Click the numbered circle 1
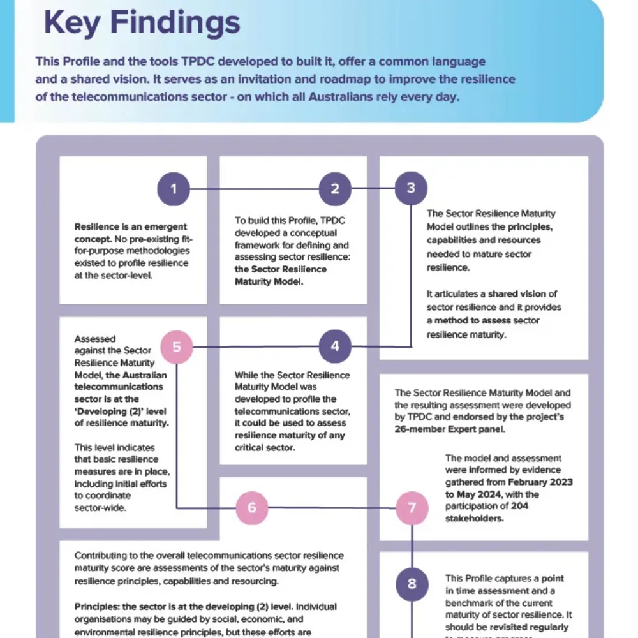click(174, 188)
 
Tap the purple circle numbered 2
click(336, 188)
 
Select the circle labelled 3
click(411, 188)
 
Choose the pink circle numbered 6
click(251, 507)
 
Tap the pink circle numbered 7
click(412, 507)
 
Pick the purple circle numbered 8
click(412, 583)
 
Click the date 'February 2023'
click(540, 482)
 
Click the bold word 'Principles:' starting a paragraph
click(101, 606)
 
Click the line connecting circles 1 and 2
click(255, 188)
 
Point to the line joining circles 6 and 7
click(332, 507)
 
